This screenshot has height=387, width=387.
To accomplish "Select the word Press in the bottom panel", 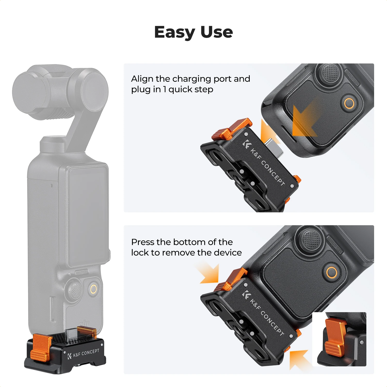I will [143, 242].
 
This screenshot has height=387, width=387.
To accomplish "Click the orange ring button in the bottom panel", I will [332, 272].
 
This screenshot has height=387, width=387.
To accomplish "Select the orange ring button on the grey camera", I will [94, 289].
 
